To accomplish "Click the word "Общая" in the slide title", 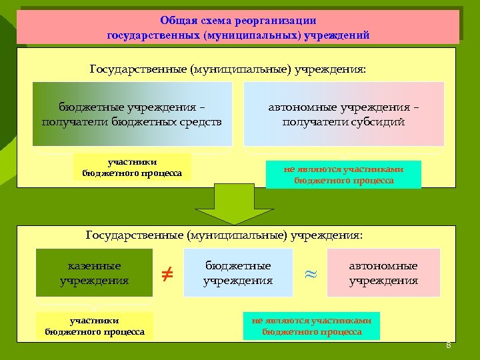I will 176,21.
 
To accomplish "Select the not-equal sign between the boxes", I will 168,273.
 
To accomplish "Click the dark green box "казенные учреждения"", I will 94,273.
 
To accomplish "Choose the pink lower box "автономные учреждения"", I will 383,273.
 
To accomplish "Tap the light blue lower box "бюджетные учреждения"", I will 238,273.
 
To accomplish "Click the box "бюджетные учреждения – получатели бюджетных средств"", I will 132,114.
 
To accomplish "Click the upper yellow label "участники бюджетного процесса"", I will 132,167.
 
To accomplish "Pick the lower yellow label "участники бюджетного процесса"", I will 95,326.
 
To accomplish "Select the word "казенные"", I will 95,265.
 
